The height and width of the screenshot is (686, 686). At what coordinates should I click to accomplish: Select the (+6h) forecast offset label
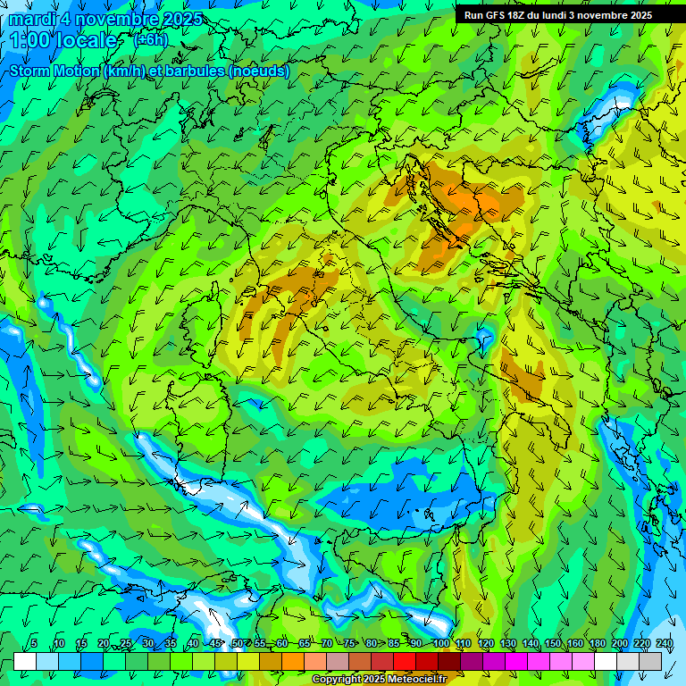click(x=150, y=40)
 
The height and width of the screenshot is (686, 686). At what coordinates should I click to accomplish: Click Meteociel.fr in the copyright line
click(x=416, y=680)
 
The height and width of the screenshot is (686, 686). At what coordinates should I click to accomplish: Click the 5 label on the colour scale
click(x=34, y=644)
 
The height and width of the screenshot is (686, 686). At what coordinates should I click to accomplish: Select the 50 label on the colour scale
click(x=237, y=644)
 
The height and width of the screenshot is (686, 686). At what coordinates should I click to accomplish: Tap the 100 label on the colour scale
click(x=440, y=644)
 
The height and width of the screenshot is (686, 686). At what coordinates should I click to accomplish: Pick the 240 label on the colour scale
click(x=664, y=644)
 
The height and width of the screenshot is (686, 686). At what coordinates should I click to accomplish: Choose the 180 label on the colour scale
click(x=597, y=644)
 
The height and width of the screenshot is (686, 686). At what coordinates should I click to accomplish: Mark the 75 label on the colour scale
click(x=349, y=644)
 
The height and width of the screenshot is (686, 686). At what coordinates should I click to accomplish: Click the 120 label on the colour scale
click(x=485, y=644)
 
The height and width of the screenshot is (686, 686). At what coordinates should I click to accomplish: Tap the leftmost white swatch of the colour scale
click(x=24, y=661)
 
